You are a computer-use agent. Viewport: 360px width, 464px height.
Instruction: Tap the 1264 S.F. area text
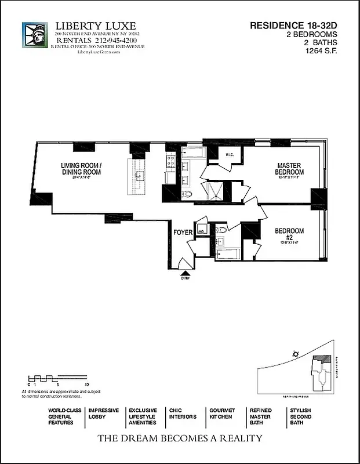[x=321, y=50]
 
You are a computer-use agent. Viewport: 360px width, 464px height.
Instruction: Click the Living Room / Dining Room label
[x=81, y=169]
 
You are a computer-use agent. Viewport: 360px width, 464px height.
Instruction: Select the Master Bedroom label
[x=289, y=169]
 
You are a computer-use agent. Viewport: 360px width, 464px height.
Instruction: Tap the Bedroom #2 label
[x=289, y=234]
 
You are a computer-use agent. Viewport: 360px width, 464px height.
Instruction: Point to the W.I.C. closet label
[x=230, y=154]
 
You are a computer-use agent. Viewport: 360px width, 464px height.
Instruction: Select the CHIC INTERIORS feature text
[x=182, y=414]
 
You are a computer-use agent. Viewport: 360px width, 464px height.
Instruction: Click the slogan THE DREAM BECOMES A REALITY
[x=180, y=438]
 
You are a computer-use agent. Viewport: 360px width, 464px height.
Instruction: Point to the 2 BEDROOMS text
[x=320, y=34]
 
